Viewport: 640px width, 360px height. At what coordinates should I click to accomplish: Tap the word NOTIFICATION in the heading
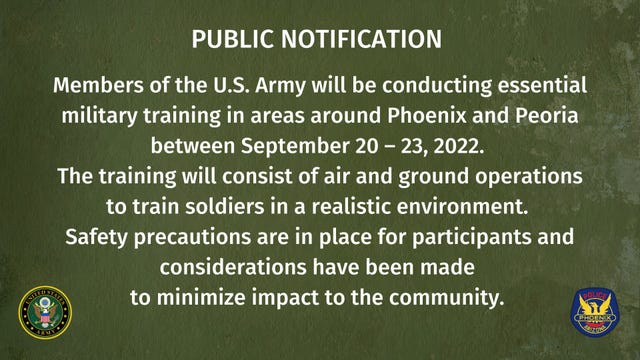[x=366, y=39]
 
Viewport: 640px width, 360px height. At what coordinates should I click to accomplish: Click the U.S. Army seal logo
[x=45, y=313]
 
